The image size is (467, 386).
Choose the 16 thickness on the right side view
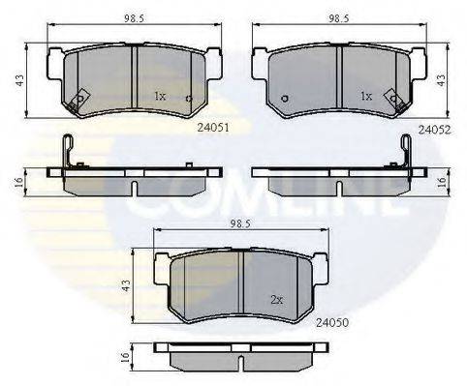(x=441, y=180)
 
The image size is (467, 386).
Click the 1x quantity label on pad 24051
(x=159, y=97)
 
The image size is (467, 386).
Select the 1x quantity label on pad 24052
(x=366, y=97)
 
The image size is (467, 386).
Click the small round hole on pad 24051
(x=188, y=100)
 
